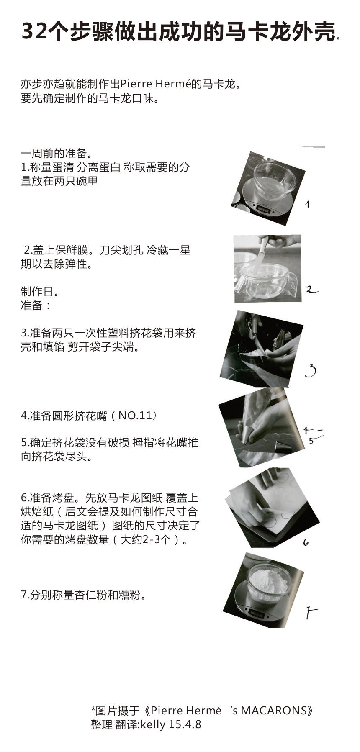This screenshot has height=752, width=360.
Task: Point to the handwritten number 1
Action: pyautogui.click(x=307, y=204)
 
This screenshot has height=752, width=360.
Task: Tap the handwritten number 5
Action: pyautogui.click(x=311, y=441)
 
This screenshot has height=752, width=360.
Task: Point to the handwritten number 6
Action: pyautogui.click(x=306, y=542)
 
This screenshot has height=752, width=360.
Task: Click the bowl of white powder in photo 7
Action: pyautogui.click(x=268, y=582)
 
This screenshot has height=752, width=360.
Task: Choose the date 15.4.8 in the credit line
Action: pyautogui.click(x=185, y=724)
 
